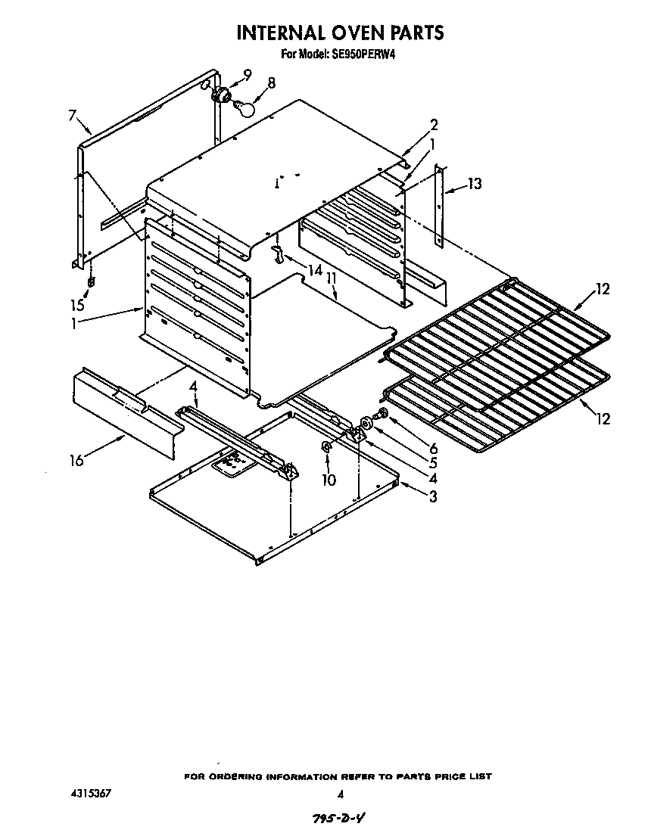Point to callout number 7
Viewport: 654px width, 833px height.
(x=73, y=115)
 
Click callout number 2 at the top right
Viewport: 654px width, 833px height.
(x=434, y=125)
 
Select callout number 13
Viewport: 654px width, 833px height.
(x=475, y=184)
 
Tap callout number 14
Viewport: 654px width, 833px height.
(x=314, y=270)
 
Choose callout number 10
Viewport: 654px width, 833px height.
(x=327, y=480)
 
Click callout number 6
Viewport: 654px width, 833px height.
(x=433, y=449)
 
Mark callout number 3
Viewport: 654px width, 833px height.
(x=433, y=496)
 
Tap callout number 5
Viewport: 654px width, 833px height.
(x=433, y=463)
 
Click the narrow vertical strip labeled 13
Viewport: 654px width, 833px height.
(x=440, y=206)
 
